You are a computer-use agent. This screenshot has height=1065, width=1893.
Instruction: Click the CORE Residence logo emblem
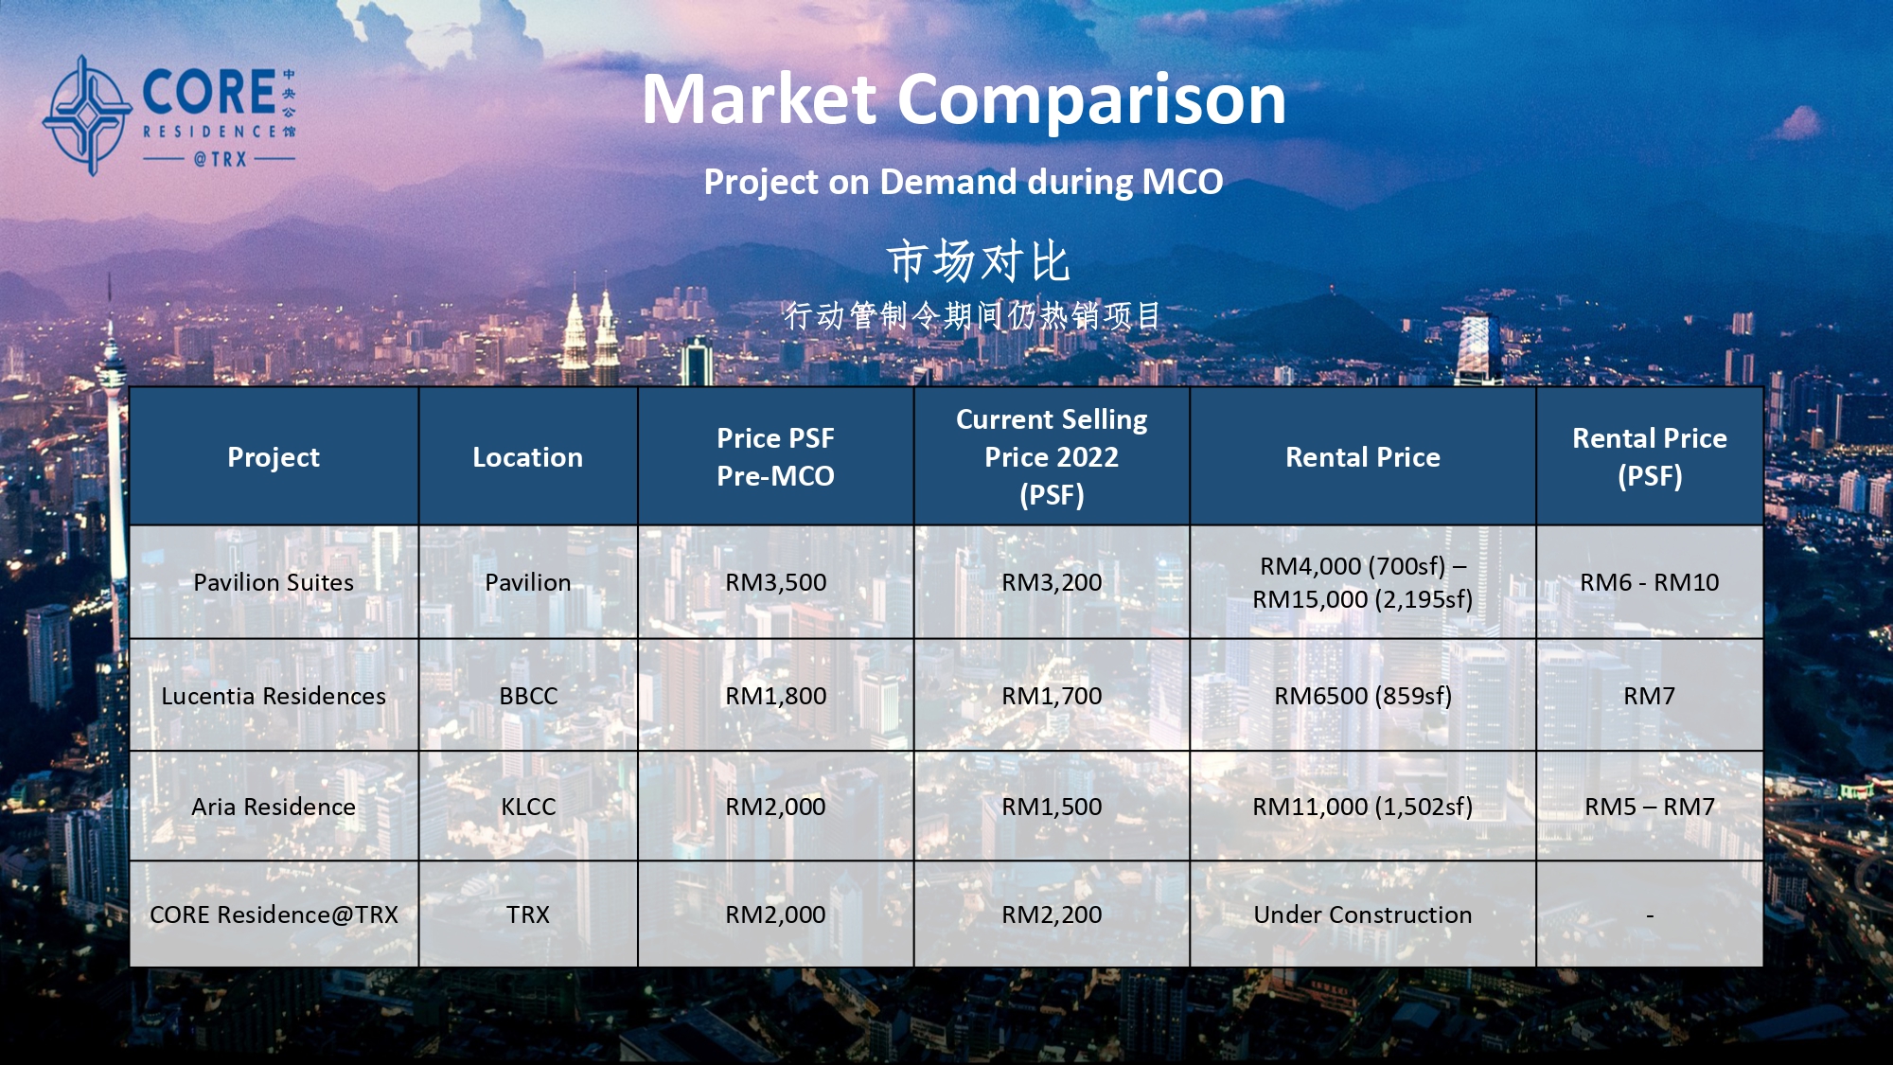click(87, 115)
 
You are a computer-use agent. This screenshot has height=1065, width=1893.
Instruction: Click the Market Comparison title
click(964, 99)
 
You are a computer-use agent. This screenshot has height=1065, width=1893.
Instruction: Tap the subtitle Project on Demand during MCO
click(964, 181)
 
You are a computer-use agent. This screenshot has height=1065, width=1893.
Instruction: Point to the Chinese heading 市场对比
click(978, 261)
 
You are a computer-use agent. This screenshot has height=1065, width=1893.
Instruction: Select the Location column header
click(528, 457)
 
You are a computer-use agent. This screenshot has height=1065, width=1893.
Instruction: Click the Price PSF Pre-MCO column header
click(775, 457)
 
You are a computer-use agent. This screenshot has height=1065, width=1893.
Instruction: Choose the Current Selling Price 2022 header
click(1052, 457)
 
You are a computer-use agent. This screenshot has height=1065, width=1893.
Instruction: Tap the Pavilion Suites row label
click(274, 582)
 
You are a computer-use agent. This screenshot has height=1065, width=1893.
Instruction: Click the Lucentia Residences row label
click(274, 696)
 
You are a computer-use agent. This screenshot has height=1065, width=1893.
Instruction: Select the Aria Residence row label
click(274, 807)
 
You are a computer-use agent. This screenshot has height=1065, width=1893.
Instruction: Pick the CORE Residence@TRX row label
click(274, 914)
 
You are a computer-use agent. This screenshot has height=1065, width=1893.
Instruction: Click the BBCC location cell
click(528, 696)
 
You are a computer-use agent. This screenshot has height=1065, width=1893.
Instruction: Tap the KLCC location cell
click(528, 807)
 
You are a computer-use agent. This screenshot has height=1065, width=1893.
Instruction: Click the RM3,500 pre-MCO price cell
click(775, 582)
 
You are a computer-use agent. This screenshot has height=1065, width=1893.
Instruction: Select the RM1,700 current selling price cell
click(1052, 696)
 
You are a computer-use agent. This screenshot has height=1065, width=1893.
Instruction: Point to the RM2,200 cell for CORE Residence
click(1052, 914)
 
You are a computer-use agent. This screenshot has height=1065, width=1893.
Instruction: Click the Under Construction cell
click(1363, 914)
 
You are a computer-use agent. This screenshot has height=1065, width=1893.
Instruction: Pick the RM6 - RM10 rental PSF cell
click(1650, 582)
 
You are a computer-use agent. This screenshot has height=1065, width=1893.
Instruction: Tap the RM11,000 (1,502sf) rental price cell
click(1363, 807)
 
